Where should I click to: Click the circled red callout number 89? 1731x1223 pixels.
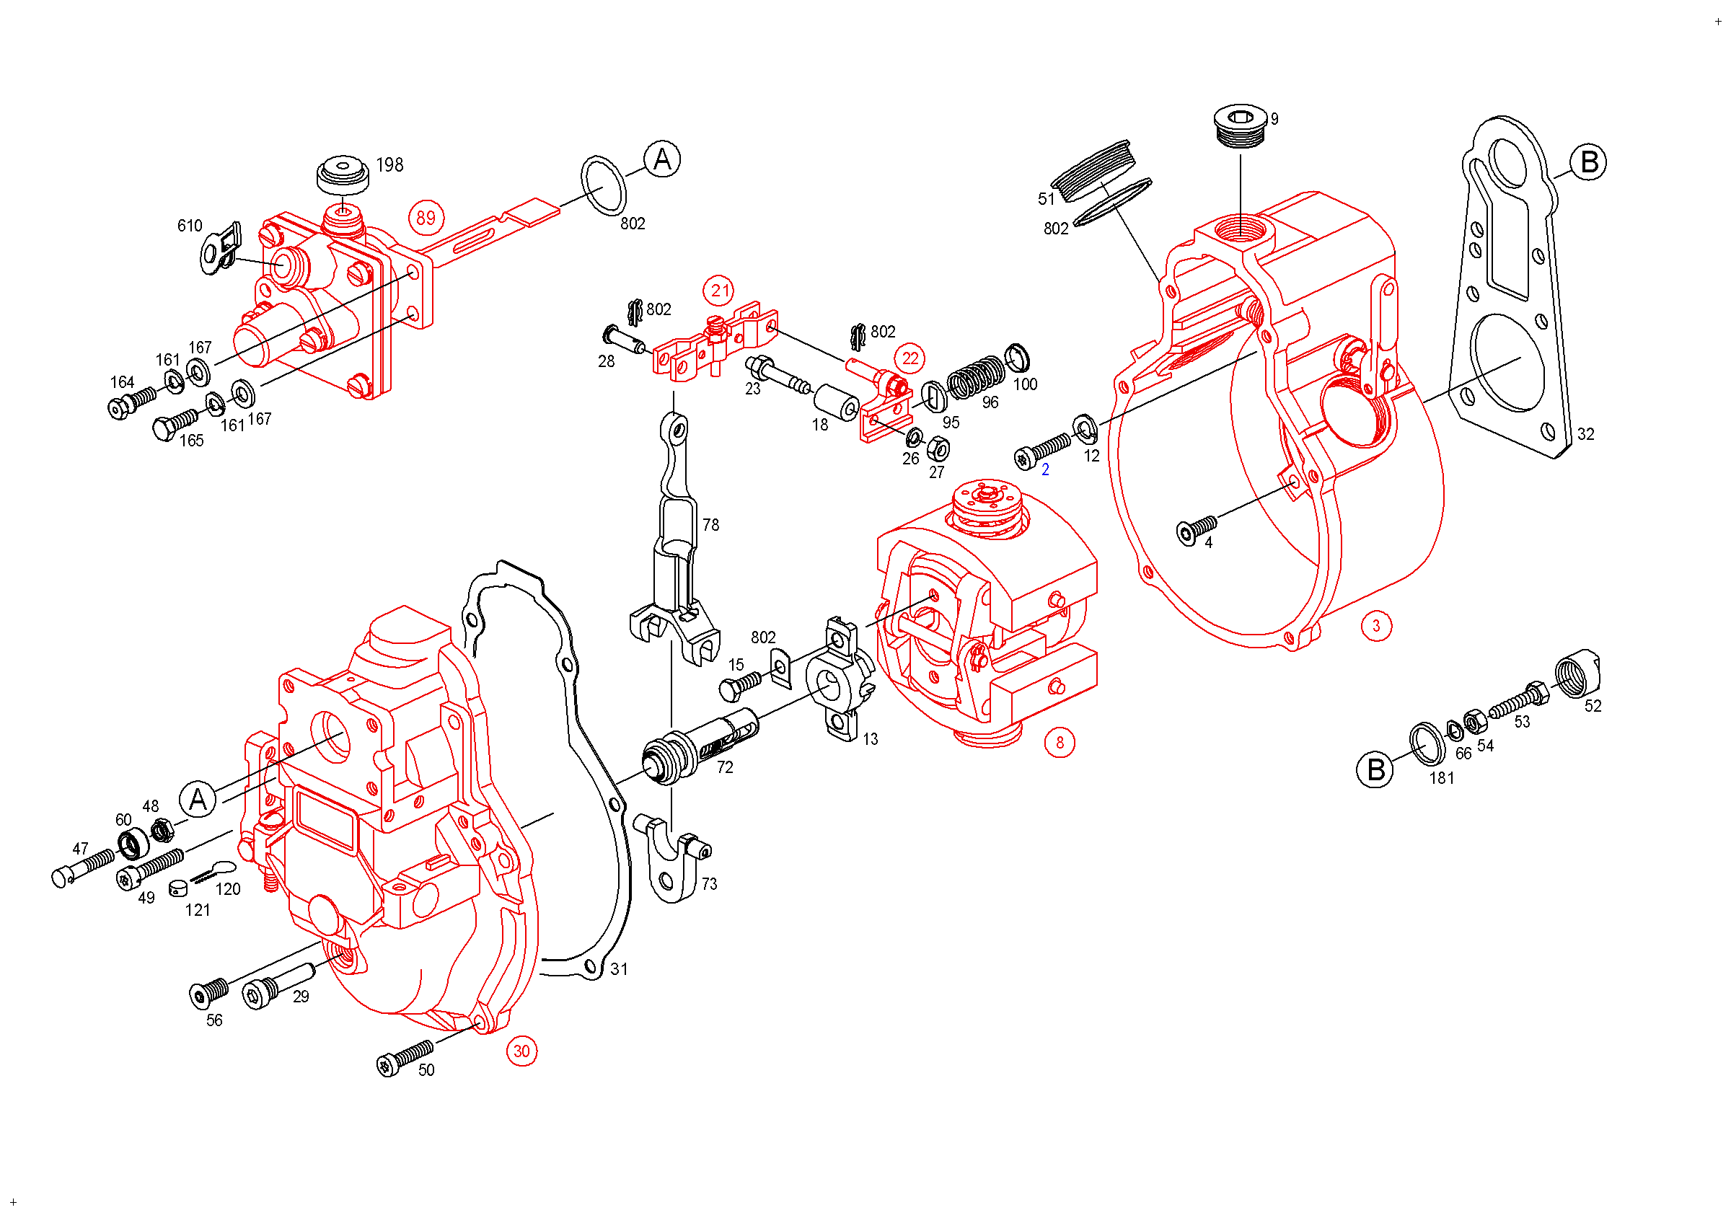click(x=426, y=218)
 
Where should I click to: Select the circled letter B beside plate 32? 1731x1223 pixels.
click(x=1588, y=163)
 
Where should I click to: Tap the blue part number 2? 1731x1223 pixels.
click(x=1045, y=470)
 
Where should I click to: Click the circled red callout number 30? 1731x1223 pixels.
click(x=521, y=1051)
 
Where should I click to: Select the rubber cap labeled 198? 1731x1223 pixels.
click(x=343, y=175)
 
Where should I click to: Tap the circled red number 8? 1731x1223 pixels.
click(x=1060, y=743)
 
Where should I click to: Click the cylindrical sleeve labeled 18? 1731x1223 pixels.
click(x=836, y=402)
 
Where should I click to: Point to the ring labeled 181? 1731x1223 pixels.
click(x=1427, y=743)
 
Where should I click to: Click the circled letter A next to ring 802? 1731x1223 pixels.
click(x=662, y=159)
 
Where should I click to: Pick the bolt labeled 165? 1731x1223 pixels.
click(x=175, y=424)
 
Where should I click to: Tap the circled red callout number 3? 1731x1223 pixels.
click(x=1376, y=625)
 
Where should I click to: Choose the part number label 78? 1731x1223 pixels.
click(x=711, y=524)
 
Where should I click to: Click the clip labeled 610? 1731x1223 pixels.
click(x=221, y=247)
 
